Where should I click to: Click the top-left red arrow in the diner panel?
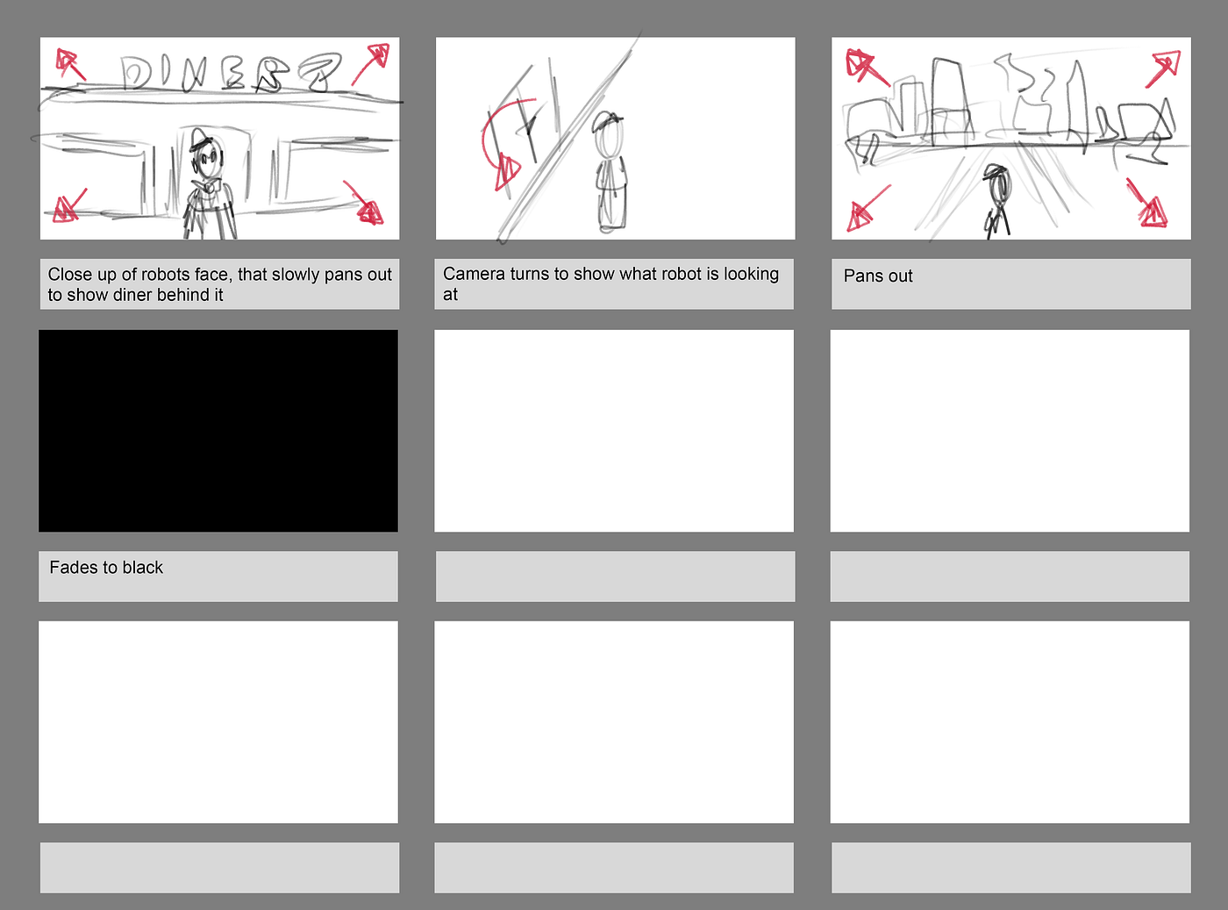point(71,64)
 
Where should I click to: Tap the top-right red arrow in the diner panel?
point(371,64)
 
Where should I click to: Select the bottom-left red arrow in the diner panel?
point(70,205)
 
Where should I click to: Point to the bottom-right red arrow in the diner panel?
point(364,202)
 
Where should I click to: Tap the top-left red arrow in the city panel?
point(867,68)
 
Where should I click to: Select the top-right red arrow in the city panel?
point(1163,68)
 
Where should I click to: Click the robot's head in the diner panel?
point(207,157)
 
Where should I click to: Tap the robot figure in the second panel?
point(610,173)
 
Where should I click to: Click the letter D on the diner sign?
point(136,73)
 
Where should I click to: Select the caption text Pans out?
point(877,276)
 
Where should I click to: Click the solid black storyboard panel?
point(218,431)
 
